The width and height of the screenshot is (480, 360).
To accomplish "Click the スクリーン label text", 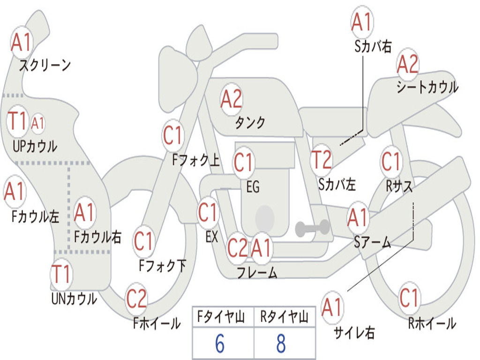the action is pyautogui.click(x=45, y=65).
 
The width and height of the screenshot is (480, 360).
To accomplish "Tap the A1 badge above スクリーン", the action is pyautogui.click(x=21, y=42).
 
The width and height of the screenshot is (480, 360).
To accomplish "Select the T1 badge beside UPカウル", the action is pyautogui.click(x=17, y=121).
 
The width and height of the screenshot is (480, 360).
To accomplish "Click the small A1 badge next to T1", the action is pyautogui.click(x=37, y=124).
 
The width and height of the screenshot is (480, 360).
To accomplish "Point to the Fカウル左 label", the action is pyautogui.click(x=35, y=217).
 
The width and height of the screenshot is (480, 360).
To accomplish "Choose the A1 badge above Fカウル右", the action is pyautogui.click(x=84, y=213).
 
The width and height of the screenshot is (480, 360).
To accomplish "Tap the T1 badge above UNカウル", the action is pyautogui.click(x=61, y=274).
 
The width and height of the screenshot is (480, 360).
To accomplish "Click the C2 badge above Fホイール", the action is pyautogui.click(x=136, y=299).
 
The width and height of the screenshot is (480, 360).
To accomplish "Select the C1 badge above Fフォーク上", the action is pyautogui.click(x=172, y=135).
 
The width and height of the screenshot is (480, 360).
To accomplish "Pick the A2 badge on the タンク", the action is pyautogui.click(x=232, y=99).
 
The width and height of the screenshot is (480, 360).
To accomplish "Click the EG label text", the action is pyautogui.click(x=253, y=187).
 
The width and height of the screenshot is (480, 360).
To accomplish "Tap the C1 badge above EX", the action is pyautogui.click(x=208, y=212).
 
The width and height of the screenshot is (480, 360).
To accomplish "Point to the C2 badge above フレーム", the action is pyautogui.click(x=237, y=248).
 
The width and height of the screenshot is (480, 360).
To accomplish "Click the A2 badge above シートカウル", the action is pyautogui.click(x=407, y=64).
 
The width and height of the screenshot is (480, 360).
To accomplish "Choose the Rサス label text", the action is pyautogui.click(x=399, y=186).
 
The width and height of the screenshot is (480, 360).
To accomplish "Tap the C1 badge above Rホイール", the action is pyautogui.click(x=409, y=298).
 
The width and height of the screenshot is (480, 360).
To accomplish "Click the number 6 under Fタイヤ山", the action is pyautogui.click(x=220, y=344).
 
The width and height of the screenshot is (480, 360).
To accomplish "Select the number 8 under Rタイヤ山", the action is pyautogui.click(x=281, y=344).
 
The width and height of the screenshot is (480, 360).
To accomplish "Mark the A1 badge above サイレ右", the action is pyautogui.click(x=332, y=307).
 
